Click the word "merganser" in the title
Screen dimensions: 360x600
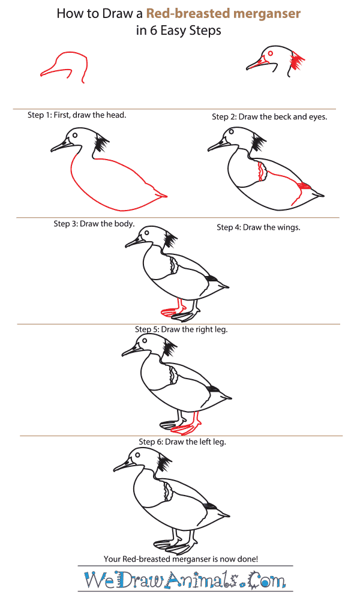266,14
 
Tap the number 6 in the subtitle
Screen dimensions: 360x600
154,31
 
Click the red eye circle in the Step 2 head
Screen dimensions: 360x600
271,53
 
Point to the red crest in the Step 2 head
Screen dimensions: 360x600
297,61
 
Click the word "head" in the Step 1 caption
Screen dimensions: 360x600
116,115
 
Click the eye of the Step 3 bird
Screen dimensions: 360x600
75,135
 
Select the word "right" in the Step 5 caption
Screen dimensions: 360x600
203,329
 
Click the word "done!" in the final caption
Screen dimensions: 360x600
248,559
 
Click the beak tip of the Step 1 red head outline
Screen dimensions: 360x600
41,74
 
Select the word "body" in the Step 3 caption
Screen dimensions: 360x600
125,224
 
